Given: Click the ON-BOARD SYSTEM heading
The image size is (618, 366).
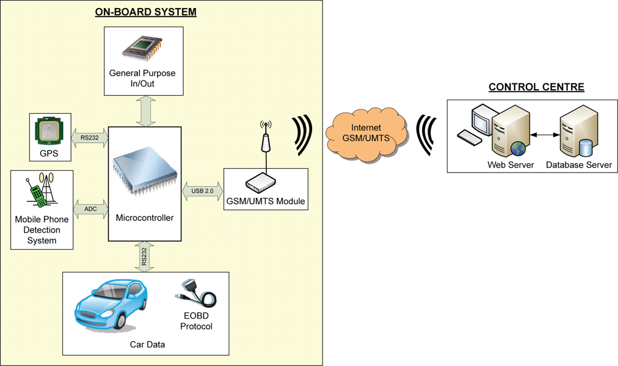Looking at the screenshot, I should point(145,12).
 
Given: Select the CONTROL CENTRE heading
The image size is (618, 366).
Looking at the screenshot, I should point(536,87).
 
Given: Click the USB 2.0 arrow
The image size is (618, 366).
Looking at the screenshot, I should point(203,191).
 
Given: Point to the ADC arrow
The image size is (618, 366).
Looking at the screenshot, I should point(90,209).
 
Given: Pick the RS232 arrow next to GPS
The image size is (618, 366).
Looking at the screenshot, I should point(90,138).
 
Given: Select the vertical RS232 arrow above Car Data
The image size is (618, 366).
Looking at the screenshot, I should point(144,257).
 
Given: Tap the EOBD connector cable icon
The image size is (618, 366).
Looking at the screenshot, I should point(197,295).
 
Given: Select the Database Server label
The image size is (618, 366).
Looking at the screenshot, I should point(579,165).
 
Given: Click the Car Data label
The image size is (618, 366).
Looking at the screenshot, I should point(146,344).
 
